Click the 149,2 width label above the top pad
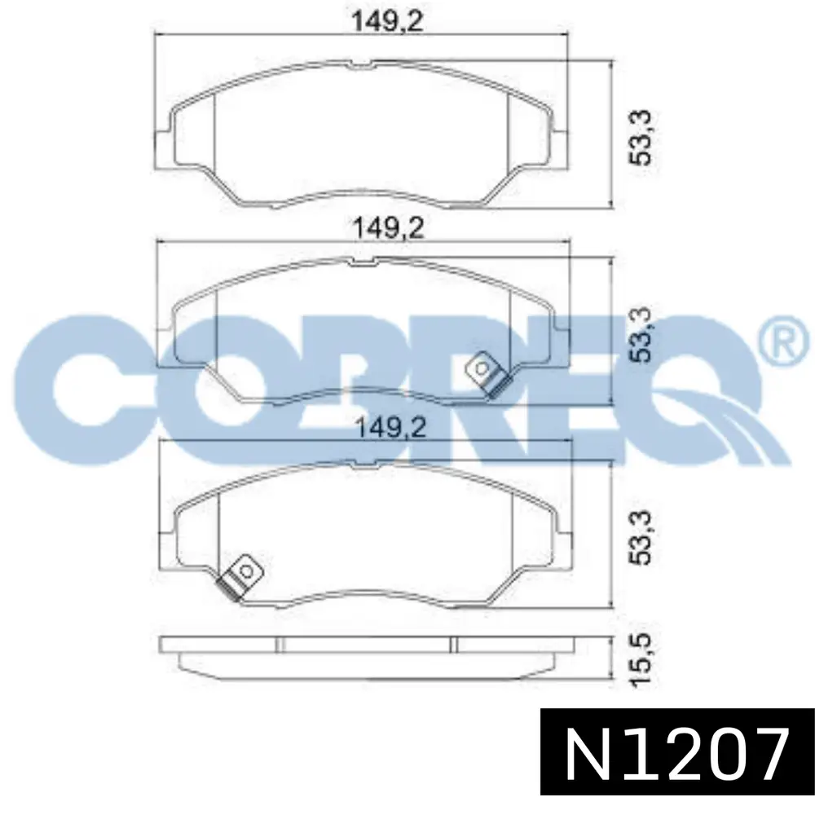point(388,21)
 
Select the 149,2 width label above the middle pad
point(388,227)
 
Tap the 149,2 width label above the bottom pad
point(390,429)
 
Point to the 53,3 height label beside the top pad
point(640,137)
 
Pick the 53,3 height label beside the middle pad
point(640,334)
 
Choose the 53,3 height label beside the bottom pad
point(640,537)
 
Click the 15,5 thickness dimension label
point(640,661)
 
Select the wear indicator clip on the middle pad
point(487,374)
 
